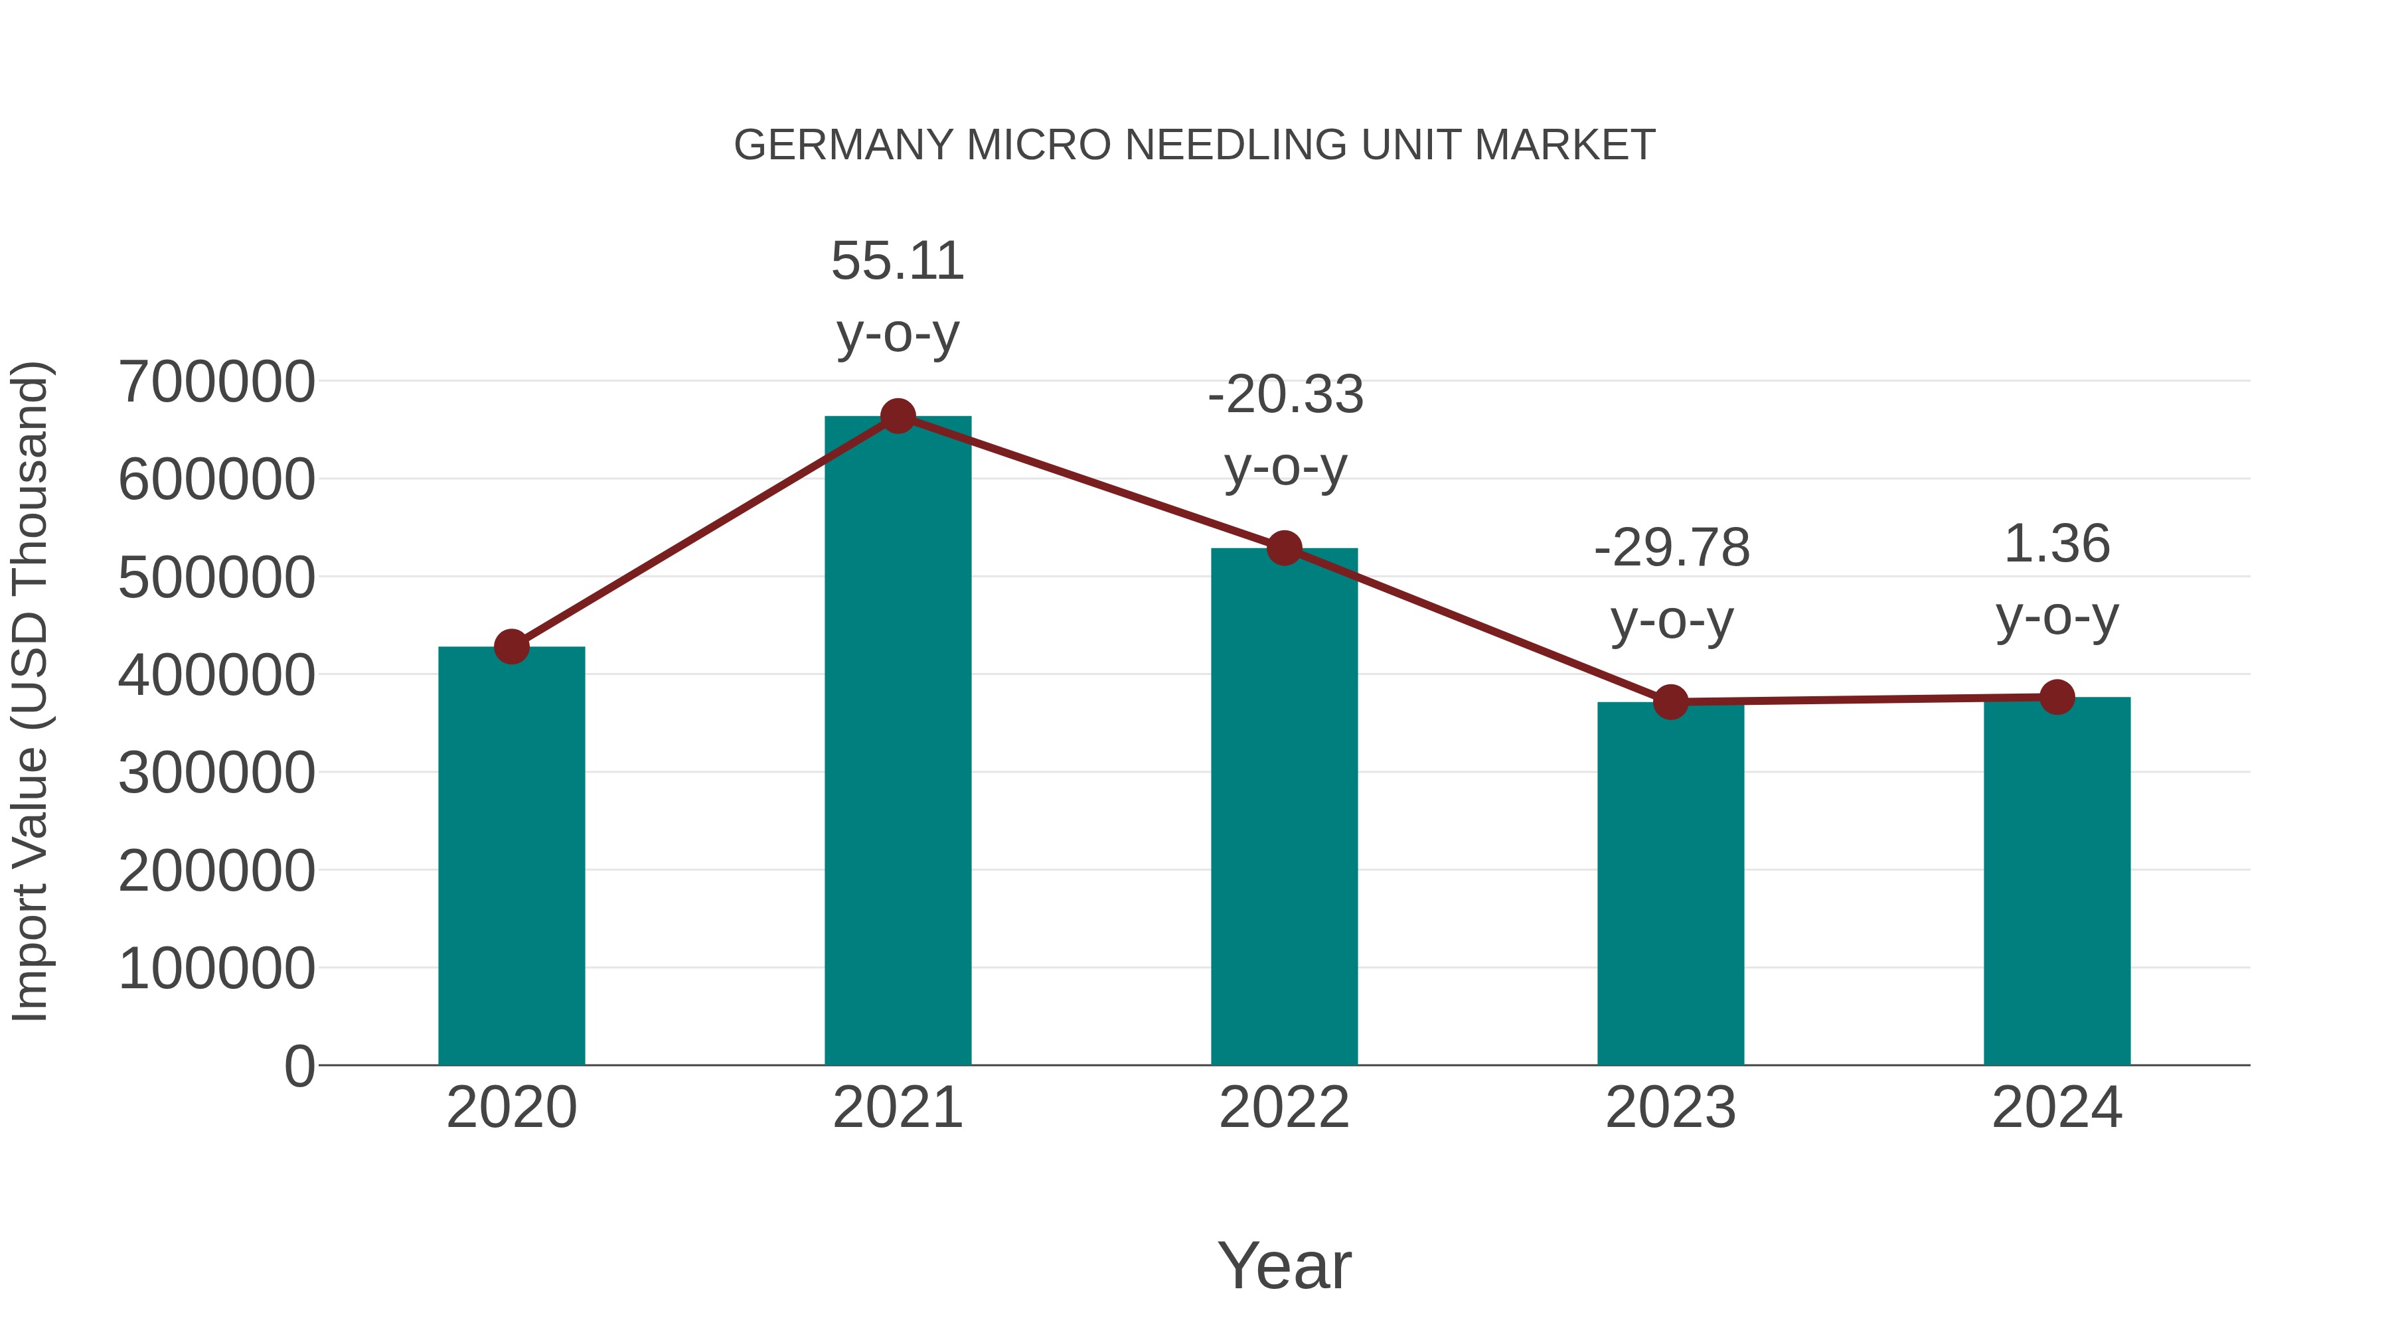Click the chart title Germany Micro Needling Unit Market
coord(1194,145)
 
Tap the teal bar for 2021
coord(897,742)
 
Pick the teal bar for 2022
coord(1284,807)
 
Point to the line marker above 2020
coord(511,646)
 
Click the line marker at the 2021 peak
coord(897,416)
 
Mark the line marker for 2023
coord(1670,702)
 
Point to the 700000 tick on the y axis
coord(217,382)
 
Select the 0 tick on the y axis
coord(299,1067)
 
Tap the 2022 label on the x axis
coord(1284,1108)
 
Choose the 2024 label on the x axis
coord(2057,1108)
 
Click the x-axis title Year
coord(1284,1265)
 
